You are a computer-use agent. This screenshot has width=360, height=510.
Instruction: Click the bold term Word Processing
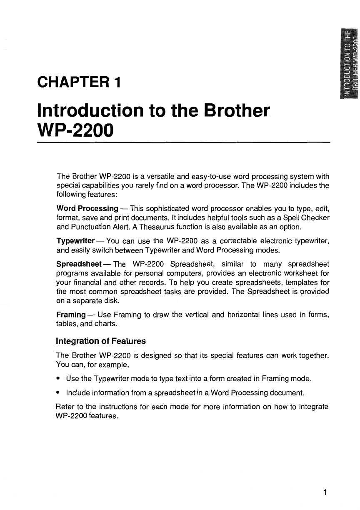[x=87, y=208]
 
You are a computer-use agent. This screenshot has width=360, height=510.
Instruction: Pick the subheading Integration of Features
[x=101, y=341]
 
